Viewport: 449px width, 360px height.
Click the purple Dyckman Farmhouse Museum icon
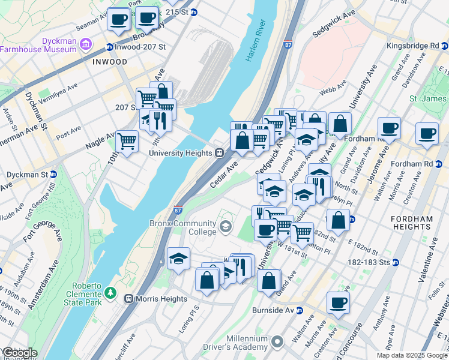point(86,44)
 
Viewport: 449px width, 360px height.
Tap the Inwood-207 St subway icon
point(110,47)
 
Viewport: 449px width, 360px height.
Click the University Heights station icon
point(220,153)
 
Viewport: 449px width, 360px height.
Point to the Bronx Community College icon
point(226,226)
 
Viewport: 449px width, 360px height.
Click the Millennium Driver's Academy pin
point(277,343)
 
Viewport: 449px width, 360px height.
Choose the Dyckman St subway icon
point(53,175)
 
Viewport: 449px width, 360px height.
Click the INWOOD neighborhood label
point(110,62)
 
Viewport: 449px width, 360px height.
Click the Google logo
point(20,353)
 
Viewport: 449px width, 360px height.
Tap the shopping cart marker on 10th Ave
point(127,142)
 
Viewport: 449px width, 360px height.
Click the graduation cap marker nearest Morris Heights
point(178,259)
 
